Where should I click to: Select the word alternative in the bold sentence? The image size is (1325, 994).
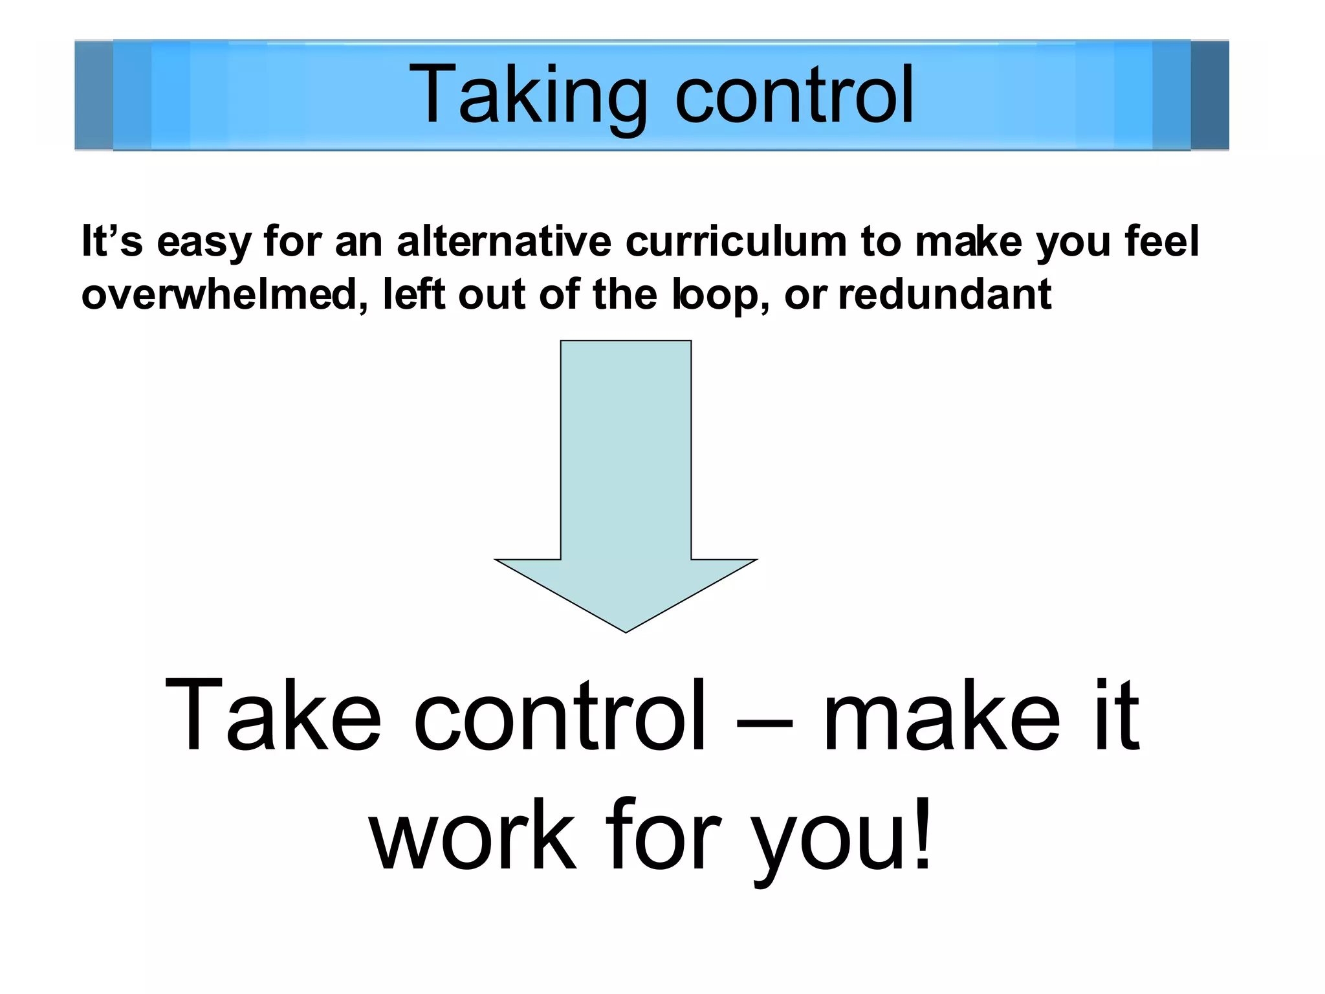[x=503, y=241]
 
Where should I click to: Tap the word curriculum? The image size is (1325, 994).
[x=736, y=241]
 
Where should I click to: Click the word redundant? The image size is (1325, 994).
[x=945, y=294]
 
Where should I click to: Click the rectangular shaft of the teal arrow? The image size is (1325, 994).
[x=626, y=447]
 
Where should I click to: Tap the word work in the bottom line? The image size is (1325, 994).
[x=472, y=836]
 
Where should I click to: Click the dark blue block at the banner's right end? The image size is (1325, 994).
[x=1209, y=95]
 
